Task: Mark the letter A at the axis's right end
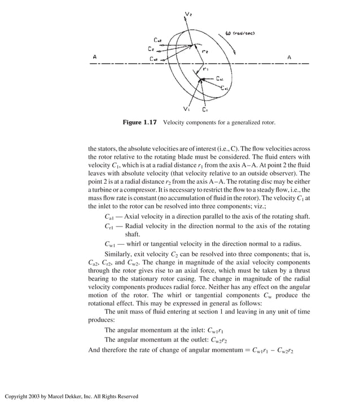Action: tap(289, 57)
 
